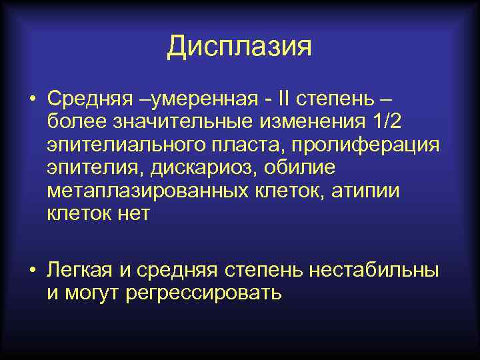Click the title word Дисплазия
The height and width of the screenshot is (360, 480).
click(x=239, y=47)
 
